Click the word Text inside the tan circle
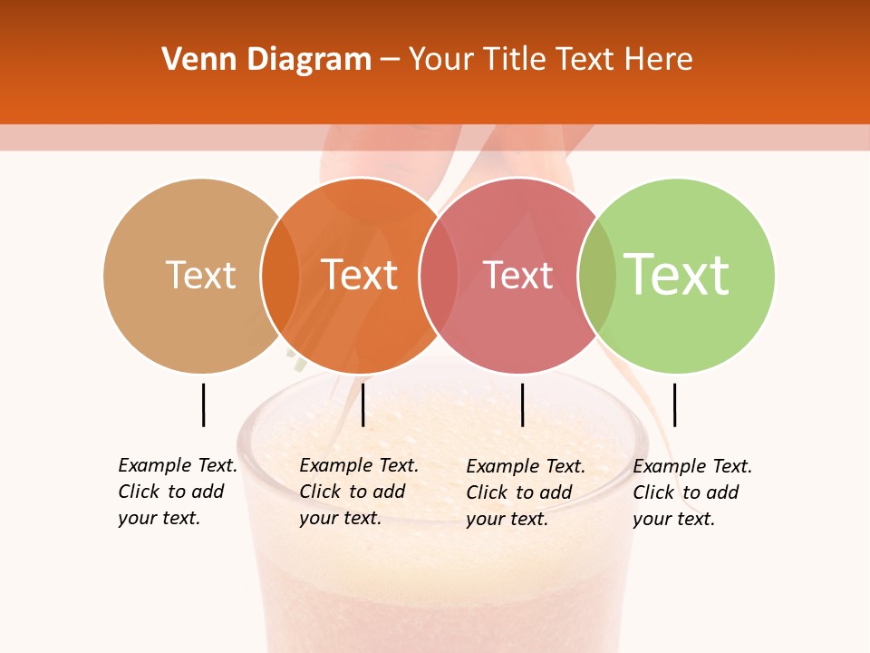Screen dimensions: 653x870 point(200,275)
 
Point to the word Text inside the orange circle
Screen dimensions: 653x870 point(360,275)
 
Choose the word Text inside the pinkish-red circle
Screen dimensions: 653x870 point(518,276)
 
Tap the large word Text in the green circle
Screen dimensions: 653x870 point(677,275)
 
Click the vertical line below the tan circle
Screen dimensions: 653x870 point(203,404)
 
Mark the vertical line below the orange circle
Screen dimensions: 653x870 point(362,404)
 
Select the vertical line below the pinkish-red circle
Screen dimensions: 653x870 point(522,404)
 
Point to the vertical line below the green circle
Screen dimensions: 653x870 point(674,404)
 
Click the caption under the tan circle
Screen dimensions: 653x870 point(178,492)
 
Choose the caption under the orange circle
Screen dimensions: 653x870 point(359,492)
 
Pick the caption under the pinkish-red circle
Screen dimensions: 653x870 point(526,492)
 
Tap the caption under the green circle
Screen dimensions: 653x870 point(692,492)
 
